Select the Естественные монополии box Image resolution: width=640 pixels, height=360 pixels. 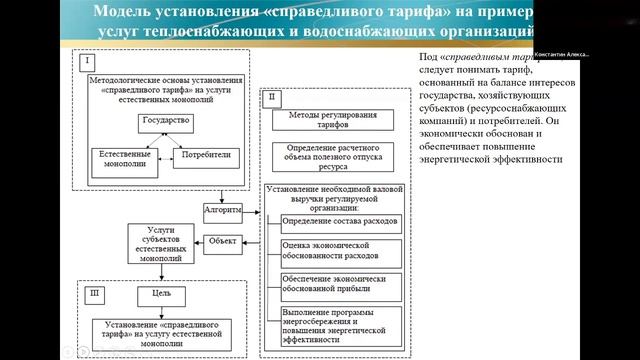pos(121,159)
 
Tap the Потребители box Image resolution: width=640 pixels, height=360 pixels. pos(209,156)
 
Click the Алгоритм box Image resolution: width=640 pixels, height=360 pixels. pos(223,212)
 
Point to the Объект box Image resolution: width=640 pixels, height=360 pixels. pos(222,240)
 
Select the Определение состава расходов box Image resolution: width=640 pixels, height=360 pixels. pos(340,220)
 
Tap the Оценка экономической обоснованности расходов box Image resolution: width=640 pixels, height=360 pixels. pos(340,252)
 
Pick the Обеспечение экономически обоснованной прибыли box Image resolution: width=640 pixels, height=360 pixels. pos(340,284)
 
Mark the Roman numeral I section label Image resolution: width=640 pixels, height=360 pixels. pos(88,62)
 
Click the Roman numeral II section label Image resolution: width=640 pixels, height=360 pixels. pos(272,97)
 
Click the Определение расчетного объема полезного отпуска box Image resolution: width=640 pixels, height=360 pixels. pos(335,156)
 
